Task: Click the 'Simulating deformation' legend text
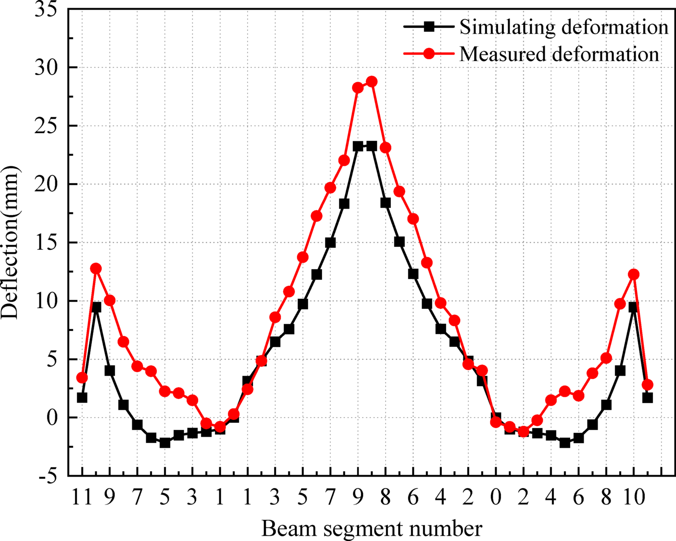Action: (x=563, y=27)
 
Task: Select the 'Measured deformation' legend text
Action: (x=559, y=54)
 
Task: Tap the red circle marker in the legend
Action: (x=429, y=53)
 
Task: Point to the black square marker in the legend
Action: (x=429, y=27)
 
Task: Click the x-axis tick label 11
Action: (x=82, y=498)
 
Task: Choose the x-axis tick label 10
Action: (x=634, y=498)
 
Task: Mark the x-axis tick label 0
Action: (x=496, y=498)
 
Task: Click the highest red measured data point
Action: (x=372, y=82)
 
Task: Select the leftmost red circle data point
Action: (x=82, y=378)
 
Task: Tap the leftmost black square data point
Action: (x=82, y=398)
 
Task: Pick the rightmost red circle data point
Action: (x=648, y=384)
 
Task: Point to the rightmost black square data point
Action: (x=648, y=398)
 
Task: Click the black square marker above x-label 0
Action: (x=496, y=418)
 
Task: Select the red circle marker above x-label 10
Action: (x=634, y=274)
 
